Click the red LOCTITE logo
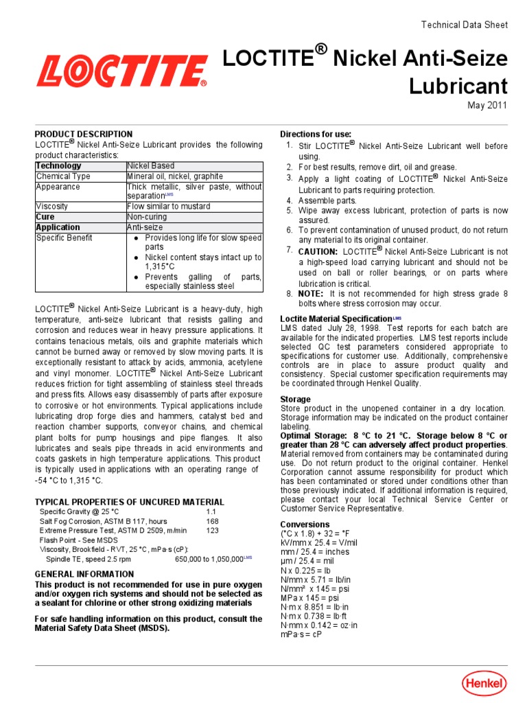tap(122, 71)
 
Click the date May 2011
tap(487, 105)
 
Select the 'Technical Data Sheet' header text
tap(464, 25)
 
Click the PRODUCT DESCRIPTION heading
tap(84, 134)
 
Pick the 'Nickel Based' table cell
tap(151, 166)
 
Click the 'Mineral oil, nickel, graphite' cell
tap(174, 176)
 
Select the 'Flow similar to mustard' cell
tap(169, 207)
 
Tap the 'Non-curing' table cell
tap(147, 217)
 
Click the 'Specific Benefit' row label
tap(64, 238)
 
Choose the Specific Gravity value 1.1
tap(211, 512)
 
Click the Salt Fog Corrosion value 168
tap(212, 522)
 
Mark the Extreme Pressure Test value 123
tap(212, 531)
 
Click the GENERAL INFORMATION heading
tap(84, 574)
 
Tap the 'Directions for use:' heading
tap(316, 134)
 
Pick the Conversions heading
tap(305, 525)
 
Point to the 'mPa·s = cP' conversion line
tap(301, 634)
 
